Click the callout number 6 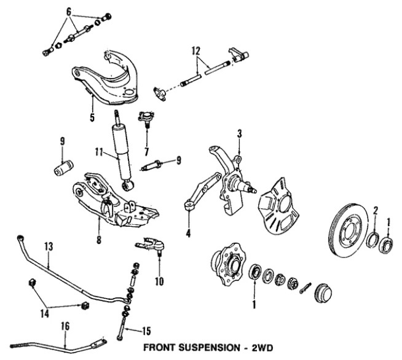pyautogui.click(x=69, y=10)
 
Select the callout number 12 pyautogui.click(x=195, y=51)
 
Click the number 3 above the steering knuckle pyautogui.click(x=240, y=133)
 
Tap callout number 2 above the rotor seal pyautogui.click(x=374, y=209)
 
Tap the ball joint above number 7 pyautogui.click(x=146, y=117)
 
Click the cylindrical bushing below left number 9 pyautogui.click(x=63, y=167)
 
